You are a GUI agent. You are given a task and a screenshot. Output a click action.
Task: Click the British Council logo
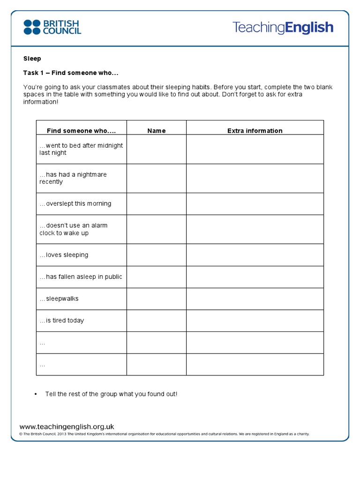(x=52, y=27)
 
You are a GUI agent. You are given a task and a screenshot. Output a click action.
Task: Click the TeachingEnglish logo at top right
(x=283, y=28)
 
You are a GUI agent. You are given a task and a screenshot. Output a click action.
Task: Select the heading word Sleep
(x=32, y=59)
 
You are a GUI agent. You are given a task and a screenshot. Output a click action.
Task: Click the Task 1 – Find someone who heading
(x=71, y=73)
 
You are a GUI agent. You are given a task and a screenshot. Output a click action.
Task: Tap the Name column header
(x=156, y=131)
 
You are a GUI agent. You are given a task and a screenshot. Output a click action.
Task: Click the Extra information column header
(x=255, y=131)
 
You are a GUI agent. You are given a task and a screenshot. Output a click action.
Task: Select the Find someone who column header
(x=81, y=131)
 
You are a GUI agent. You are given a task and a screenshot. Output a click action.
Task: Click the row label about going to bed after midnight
(x=81, y=149)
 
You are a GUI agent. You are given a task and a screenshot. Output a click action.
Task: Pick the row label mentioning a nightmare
(x=73, y=178)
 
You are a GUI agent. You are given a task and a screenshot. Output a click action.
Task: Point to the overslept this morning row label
(x=75, y=203)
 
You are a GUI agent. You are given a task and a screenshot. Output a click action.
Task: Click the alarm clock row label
(x=73, y=229)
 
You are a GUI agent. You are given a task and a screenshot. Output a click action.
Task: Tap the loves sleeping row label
(x=64, y=255)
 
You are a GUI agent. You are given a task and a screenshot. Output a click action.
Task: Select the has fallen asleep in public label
(x=81, y=277)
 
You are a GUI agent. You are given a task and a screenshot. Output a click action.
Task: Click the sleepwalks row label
(x=59, y=299)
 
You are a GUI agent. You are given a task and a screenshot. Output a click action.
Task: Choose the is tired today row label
(x=61, y=321)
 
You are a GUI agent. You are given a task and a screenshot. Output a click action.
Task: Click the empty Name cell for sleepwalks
(x=156, y=299)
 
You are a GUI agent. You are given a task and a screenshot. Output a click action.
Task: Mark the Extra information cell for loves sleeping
(x=255, y=255)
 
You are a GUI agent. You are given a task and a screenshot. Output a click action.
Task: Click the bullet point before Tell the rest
(x=36, y=394)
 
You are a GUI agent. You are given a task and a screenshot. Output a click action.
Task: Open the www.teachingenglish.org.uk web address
(x=67, y=427)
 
